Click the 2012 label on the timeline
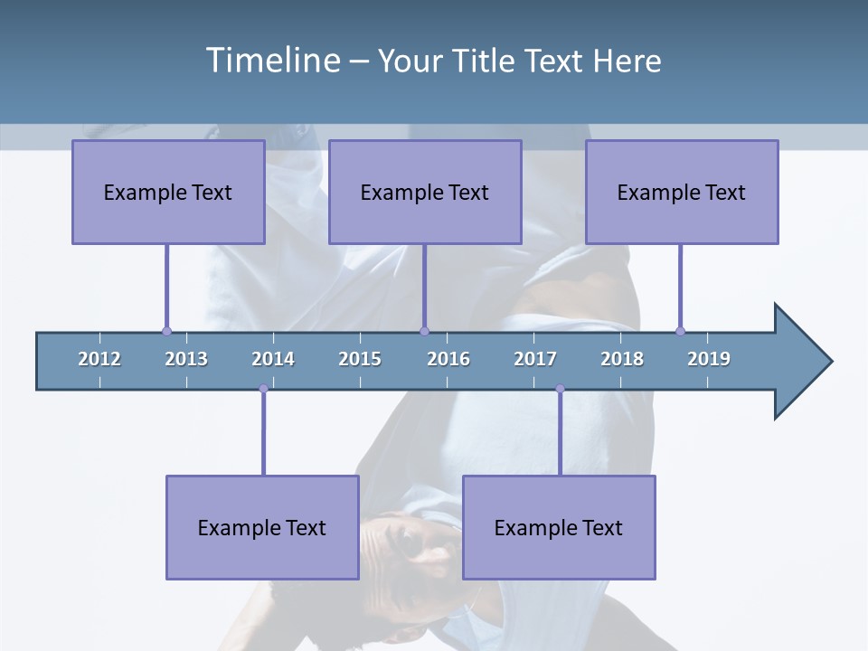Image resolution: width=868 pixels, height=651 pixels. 99,359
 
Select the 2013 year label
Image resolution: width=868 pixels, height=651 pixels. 186,359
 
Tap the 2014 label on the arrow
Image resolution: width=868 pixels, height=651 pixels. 273,359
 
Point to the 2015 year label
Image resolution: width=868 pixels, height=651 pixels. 360,359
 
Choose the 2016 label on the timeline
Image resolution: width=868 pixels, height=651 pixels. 448,359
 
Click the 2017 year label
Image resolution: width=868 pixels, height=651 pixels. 535,359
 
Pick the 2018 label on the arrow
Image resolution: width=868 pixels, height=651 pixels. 622,359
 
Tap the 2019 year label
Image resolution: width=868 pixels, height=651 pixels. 709,359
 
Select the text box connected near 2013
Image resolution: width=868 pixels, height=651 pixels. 168,192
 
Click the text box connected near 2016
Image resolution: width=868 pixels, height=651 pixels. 425,192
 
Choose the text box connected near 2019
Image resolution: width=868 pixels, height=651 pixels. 682,192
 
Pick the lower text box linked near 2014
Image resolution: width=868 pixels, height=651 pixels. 262,527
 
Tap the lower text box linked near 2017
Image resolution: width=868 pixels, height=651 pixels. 559,527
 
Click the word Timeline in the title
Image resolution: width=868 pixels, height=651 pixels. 274,61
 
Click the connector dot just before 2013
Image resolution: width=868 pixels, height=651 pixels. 166,331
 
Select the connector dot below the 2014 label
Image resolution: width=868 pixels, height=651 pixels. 263,389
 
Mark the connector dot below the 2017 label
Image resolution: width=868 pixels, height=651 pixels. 560,389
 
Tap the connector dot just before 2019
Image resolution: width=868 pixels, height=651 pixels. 680,331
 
